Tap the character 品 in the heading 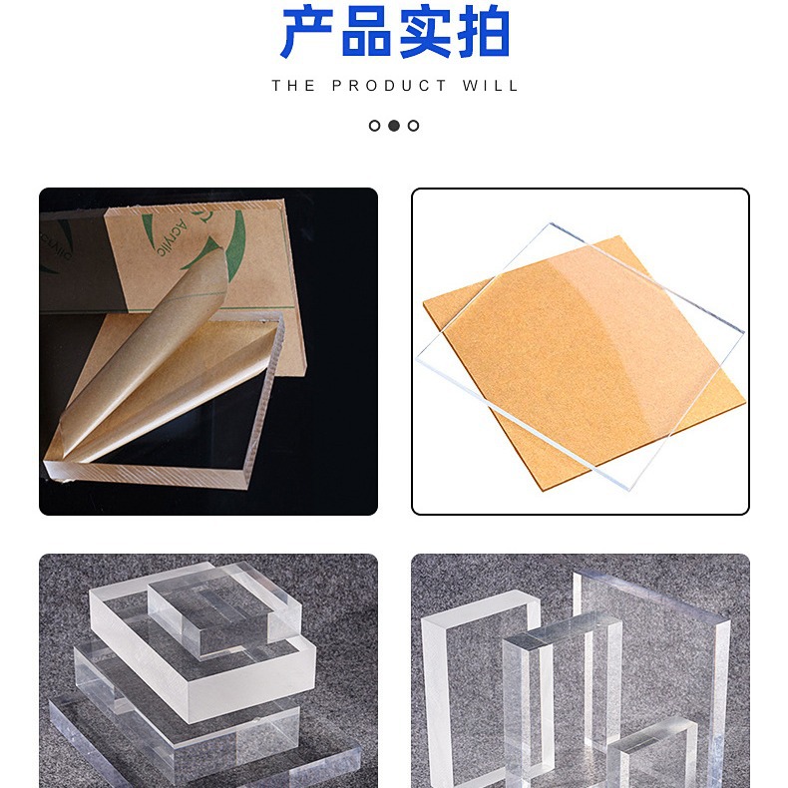tap(366, 33)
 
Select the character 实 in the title tap(425, 33)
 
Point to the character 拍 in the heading tap(483, 33)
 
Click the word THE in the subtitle tap(293, 86)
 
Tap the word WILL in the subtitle tap(491, 86)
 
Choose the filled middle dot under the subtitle tap(394, 126)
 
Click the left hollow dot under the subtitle tap(375, 126)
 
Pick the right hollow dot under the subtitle tap(413, 126)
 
